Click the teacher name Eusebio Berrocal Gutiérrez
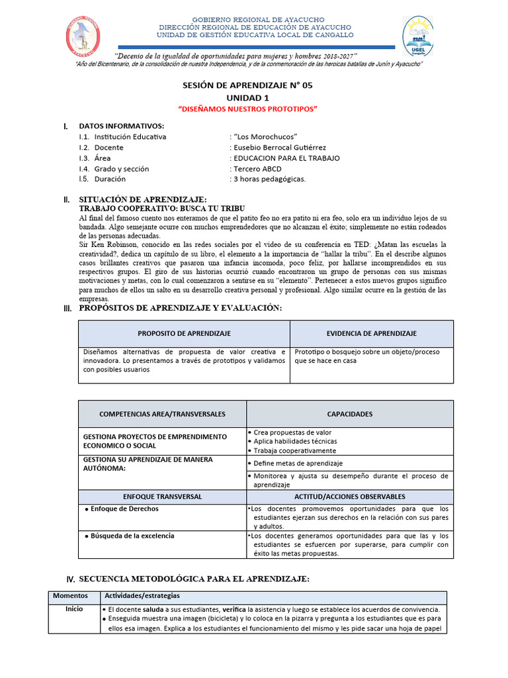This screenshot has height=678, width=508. [278, 147]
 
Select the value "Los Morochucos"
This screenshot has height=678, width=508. [263, 136]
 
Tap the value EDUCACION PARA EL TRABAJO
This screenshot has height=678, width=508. [284, 158]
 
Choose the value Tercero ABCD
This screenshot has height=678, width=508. [255, 168]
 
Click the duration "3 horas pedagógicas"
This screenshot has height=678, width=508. [268, 179]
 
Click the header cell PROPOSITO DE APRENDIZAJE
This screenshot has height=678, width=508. [184, 333]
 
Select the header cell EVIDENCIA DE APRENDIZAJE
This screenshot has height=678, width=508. [372, 333]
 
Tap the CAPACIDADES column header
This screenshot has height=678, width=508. [349, 414]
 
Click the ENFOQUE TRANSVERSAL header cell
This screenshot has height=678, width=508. [161, 496]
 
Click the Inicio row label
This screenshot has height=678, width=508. [73, 608]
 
